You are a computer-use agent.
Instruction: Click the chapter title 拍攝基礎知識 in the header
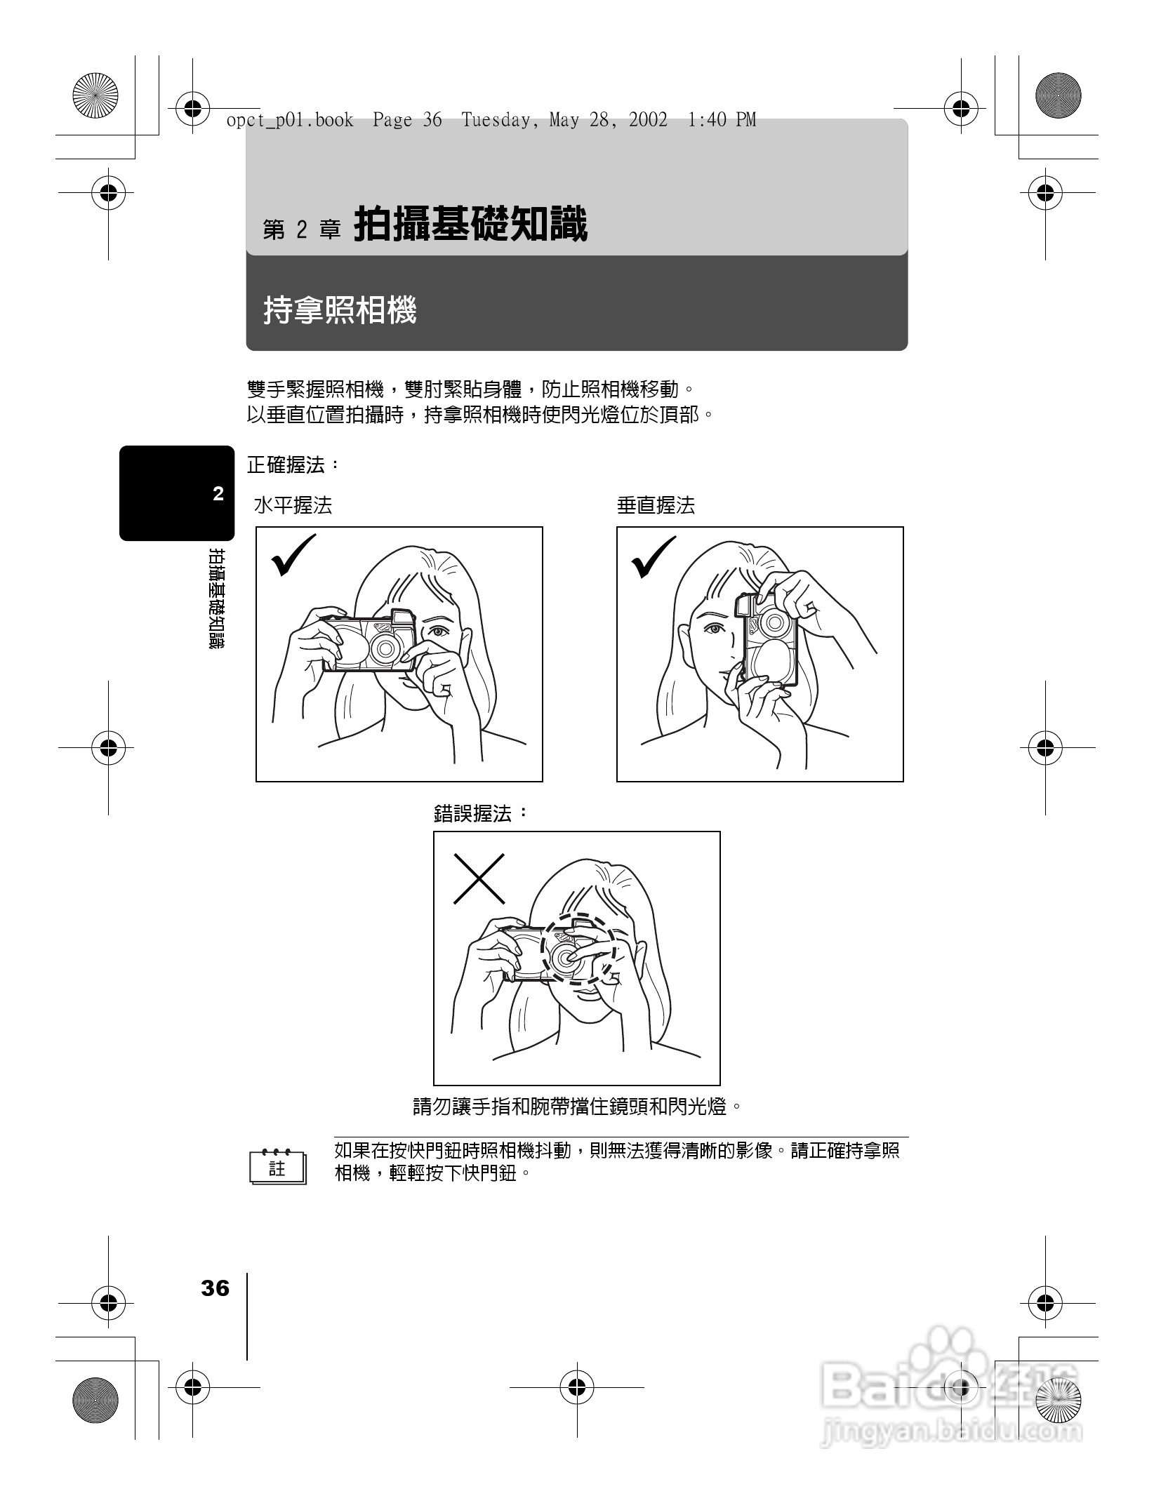point(470,225)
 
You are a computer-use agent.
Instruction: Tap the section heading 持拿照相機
point(340,310)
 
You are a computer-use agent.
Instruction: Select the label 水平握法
point(293,505)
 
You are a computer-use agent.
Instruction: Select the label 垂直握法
point(656,505)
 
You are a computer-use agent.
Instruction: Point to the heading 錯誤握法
point(480,814)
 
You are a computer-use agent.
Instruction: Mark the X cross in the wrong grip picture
point(479,878)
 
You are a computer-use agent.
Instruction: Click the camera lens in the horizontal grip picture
point(385,648)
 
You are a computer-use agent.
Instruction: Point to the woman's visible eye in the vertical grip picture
point(715,629)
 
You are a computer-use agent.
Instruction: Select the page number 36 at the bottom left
point(215,1289)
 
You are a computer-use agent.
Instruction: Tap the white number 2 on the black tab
point(218,494)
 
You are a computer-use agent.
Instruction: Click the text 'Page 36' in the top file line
point(407,121)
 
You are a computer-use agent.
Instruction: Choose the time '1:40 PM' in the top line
point(722,121)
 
